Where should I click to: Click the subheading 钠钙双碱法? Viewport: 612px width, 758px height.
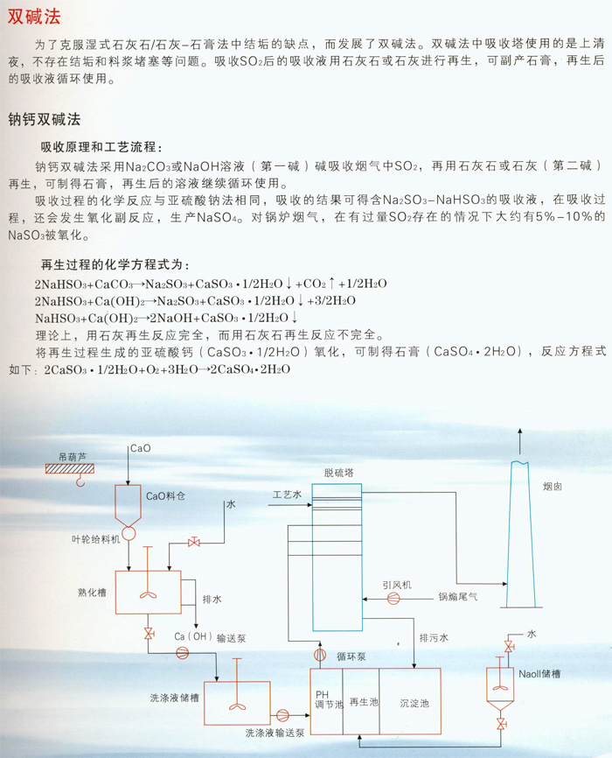44,119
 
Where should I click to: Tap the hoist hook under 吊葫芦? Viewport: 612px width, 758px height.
80,480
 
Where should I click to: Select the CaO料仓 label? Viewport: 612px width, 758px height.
166,496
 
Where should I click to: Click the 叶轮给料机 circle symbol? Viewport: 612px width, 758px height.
129,534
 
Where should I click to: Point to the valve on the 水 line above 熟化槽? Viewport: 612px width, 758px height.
194,543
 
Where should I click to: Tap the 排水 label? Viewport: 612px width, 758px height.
212,600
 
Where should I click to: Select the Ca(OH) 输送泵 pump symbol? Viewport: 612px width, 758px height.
182,653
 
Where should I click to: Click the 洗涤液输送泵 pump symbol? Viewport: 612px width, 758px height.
282,715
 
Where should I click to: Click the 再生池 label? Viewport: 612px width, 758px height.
364,701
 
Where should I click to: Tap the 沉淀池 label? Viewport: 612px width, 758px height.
414,704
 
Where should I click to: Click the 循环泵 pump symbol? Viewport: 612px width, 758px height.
320,655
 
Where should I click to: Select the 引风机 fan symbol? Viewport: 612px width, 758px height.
393,599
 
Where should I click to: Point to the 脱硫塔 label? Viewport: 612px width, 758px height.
338,473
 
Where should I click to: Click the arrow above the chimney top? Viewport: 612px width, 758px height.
519,441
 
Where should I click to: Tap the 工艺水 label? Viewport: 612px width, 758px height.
287,494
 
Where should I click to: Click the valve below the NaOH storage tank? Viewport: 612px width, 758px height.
501,724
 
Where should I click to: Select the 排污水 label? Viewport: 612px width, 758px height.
434,637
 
